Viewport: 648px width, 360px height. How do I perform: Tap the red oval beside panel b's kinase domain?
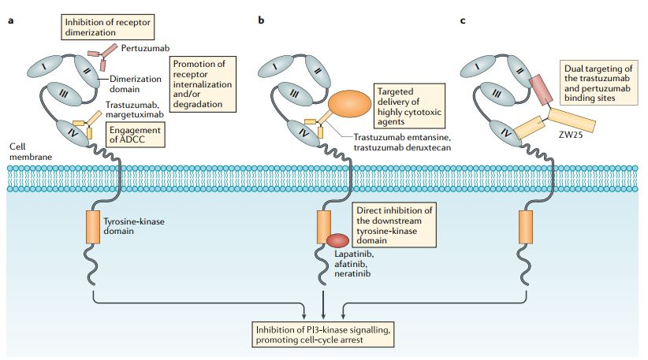click(339, 240)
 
